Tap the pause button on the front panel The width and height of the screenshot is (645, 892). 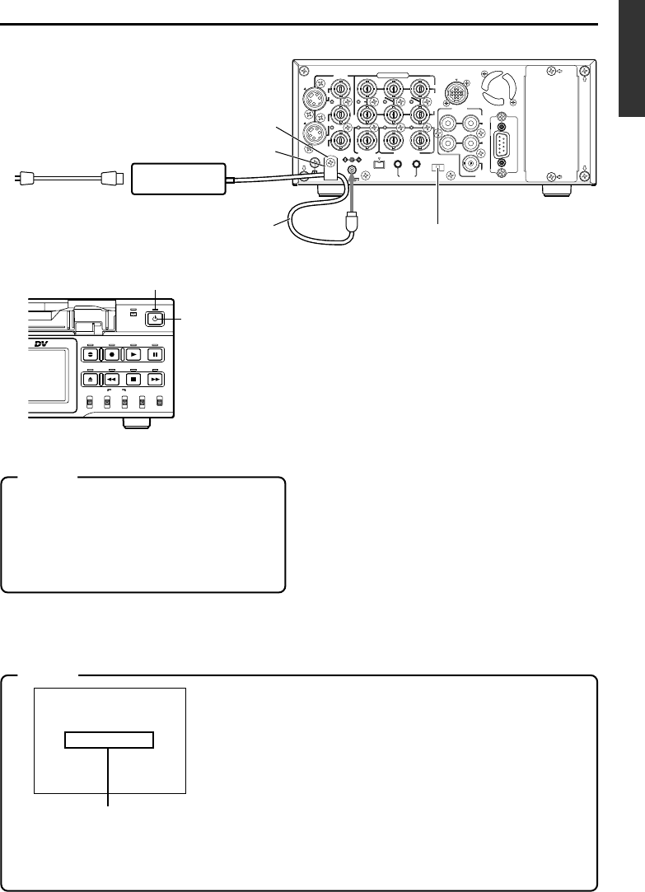[158, 355]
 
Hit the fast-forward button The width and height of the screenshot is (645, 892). [158, 381]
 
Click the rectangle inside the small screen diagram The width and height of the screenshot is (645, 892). [110, 740]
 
